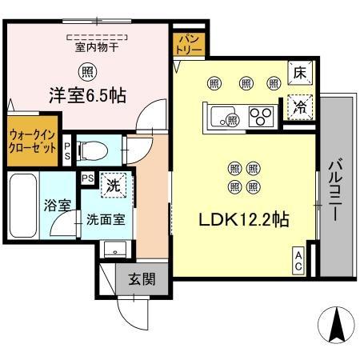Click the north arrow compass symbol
(x=337, y=325)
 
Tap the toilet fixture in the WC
(x=92, y=151)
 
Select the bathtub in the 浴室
(x=23, y=206)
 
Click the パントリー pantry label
(x=189, y=44)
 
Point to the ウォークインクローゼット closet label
(x=33, y=142)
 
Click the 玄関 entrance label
(x=142, y=279)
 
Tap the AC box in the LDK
(x=298, y=262)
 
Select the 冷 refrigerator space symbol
(x=300, y=107)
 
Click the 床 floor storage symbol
(x=300, y=73)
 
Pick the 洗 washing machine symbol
(x=114, y=185)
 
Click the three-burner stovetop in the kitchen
(x=261, y=117)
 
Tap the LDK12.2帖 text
(x=244, y=219)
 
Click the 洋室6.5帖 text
(x=88, y=95)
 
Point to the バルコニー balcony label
(x=337, y=190)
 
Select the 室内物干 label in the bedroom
(x=97, y=47)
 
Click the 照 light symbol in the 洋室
(x=87, y=72)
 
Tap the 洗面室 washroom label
(x=106, y=220)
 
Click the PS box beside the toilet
(x=67, y=151)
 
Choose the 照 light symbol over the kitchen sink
(x=233, y=120)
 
